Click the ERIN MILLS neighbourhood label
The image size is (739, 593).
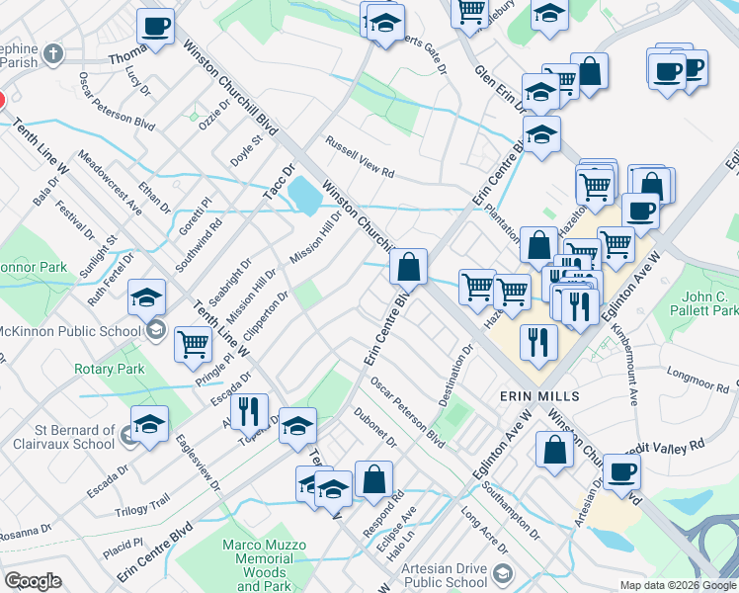(538, 396)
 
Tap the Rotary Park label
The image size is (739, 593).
(110, 370)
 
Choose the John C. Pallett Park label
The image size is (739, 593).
(709, 302)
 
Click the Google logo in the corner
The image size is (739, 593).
(32, 581)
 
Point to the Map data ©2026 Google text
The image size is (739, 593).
(678, 585)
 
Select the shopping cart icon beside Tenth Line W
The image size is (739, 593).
(193, 344)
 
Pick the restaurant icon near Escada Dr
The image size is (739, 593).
(249, 410)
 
